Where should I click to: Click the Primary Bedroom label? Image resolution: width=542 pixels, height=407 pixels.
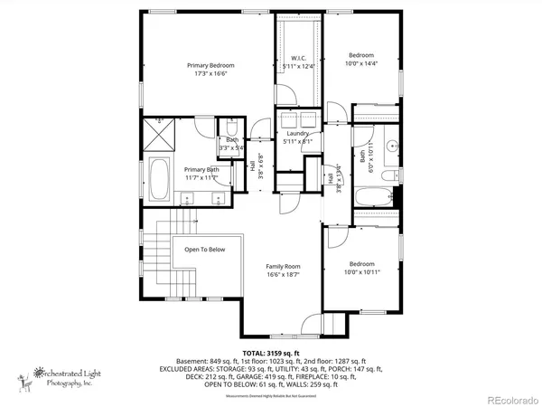[210, 65]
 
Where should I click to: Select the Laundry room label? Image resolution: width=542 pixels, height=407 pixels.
[298, 133]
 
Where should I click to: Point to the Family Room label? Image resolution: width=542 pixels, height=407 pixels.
[283, 266]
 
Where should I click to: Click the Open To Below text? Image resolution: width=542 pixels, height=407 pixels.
[205, 250]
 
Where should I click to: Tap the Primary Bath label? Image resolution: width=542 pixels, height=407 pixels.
[201, 169]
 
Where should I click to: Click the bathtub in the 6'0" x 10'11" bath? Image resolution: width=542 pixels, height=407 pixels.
[369, 197]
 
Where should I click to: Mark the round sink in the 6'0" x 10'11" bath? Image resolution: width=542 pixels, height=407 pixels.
[392, 146]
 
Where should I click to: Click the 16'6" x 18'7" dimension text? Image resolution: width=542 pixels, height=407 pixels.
[283, 274]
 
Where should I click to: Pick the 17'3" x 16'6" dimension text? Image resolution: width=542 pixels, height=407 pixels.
[210, 73]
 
